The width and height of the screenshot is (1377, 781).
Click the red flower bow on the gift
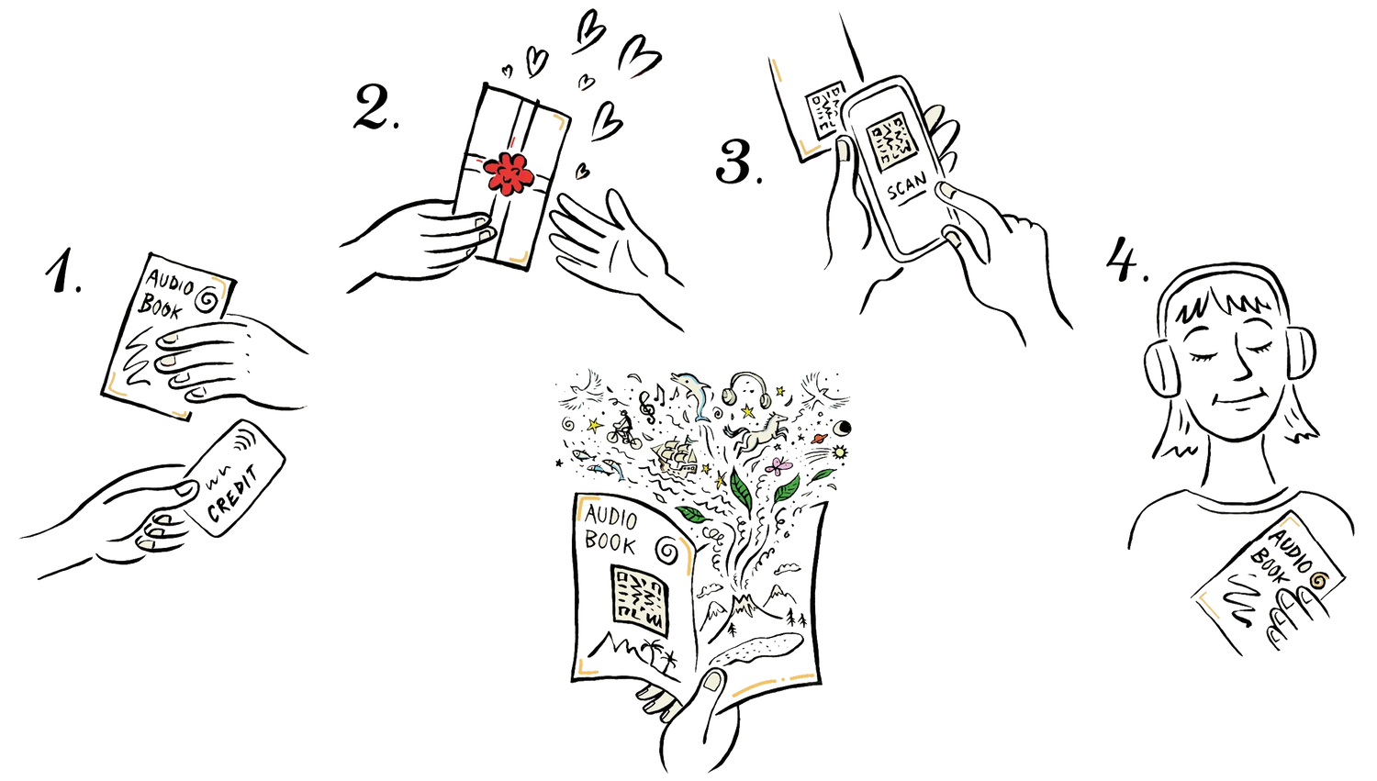tap(509, 173)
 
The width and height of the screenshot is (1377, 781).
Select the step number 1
tap(62, 271)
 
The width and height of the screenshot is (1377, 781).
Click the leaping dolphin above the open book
tap(691, 394)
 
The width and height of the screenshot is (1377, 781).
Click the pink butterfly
tap(778, 466)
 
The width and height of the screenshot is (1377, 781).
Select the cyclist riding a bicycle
tap(622, 430)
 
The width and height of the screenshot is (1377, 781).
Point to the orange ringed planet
tap(820, 439)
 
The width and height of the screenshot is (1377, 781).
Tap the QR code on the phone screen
tap(891, 142)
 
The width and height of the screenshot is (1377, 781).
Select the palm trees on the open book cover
tap(661, 655)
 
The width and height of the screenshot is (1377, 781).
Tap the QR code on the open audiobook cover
tap(639, 599)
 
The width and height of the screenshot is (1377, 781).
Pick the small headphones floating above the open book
tap(745, 387)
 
